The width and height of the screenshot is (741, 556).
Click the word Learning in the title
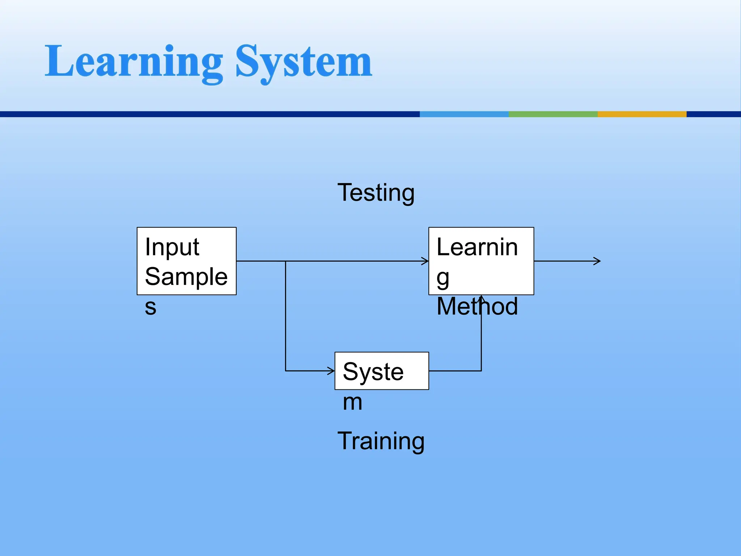coord(134,62)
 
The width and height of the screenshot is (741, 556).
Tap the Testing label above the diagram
coord(376,193)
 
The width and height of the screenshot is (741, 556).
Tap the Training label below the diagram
coord(381,441)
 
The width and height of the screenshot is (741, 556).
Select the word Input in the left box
coord(172,247)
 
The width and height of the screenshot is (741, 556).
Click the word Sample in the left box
coord(186,277)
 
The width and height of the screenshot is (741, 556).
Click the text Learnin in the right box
coord(477,247)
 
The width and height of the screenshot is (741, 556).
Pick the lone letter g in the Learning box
coord(443,278)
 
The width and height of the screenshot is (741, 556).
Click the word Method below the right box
coord(477,307)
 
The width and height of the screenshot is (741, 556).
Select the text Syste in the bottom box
coord(373,371)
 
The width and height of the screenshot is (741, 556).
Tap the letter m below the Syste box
coord(352,402)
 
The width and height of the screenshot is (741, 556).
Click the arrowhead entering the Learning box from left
coord(426,261)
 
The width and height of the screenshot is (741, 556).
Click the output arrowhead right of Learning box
coord(598,261)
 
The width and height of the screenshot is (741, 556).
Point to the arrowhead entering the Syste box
coord(331,371)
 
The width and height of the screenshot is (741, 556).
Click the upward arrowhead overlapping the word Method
coord(481,298)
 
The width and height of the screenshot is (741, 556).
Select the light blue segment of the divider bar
coord(464,114)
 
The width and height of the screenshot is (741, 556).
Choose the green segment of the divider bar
coord(553,114)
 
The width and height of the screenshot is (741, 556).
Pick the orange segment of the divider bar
coord(642,114)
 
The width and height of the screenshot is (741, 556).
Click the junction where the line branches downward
coord(285,261)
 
